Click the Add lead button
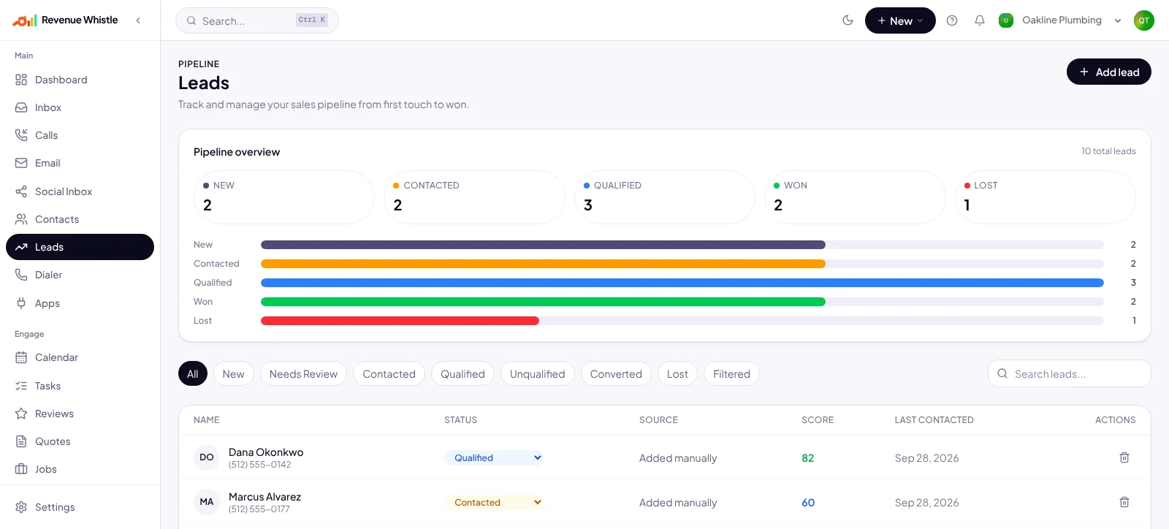click(x=1108, y=72)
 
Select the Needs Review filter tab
click(x=303, y=374)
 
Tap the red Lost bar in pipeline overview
click(x=400, y=321)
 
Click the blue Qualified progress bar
click(x=682, y=283)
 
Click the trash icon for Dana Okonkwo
click(x=1124, y=457)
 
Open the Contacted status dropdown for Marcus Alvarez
click(x=494, y=503)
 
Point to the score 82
click(x=808, y=458)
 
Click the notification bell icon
click(x=980, y=20)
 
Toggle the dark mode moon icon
click(x=848, y=20)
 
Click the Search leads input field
click(x=1070, y=373)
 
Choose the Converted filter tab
click(x=616, y=374)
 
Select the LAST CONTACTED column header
click(x=934, y=420)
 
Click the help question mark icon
click(x=952, y=20)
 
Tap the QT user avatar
click(x=1144, y=20)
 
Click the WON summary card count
click(x=778, y=205)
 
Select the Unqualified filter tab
click(x=538, y=374)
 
